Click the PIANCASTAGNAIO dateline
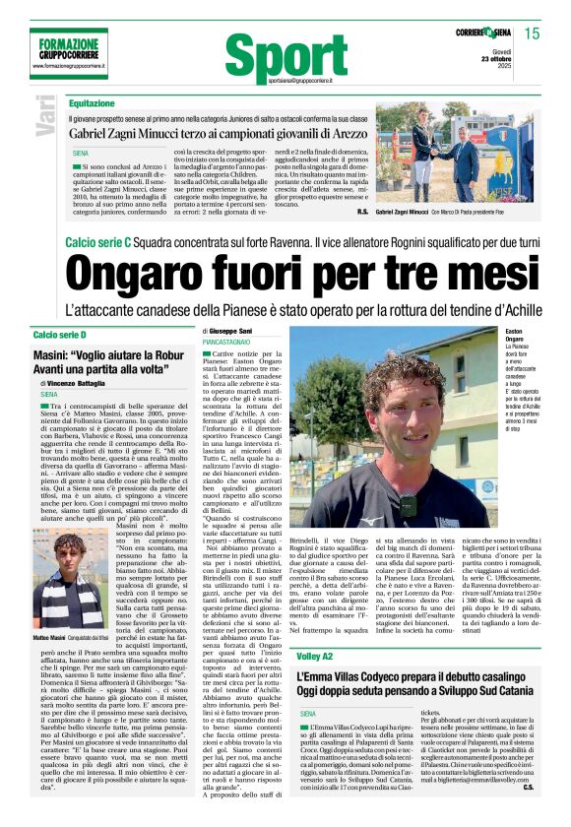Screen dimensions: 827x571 (x=226, y=341)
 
